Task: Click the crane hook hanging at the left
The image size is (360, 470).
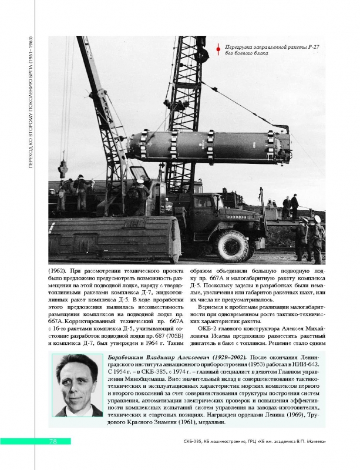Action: click(x=62, y=170)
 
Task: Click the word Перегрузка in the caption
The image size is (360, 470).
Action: click(x=241, y=46)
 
